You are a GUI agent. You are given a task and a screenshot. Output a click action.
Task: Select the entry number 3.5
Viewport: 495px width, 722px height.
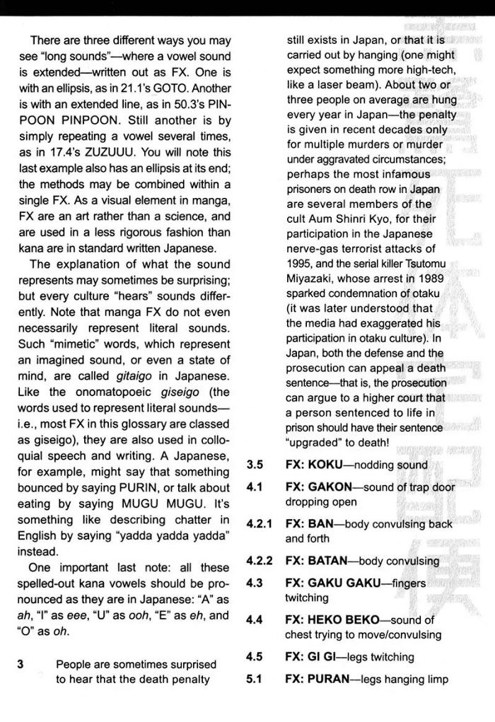pyautogui.click(x=255, y=465)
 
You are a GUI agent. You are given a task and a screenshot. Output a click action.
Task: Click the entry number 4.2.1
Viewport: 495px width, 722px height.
pyautogui.click(x=260, y=525)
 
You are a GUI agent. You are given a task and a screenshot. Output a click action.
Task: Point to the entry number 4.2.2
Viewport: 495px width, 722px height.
pyautogui.click(x=260, y=561)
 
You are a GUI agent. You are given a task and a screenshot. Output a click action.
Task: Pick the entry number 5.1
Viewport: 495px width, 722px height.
pyautogui.click(x=255, y=680)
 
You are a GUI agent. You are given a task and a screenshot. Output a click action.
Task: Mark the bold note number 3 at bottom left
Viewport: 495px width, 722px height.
pyautogui.click(x=21, y=664)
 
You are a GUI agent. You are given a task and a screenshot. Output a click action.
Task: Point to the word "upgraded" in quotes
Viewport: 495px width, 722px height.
pyautogui.click(x=316, y=443)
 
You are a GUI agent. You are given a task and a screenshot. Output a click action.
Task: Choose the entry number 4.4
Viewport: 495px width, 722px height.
pyautogui.click(x=255, y=619)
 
